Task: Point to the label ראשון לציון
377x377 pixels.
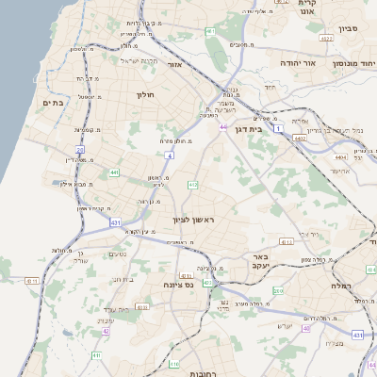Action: click(193, 220)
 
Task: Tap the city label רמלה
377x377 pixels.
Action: click(340, 284)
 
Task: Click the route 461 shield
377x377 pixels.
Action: click(209, 32)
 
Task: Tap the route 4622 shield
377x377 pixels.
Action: click(326, 39)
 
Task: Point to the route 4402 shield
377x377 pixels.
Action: click(300, 139)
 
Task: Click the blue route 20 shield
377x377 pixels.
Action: click(80, 149)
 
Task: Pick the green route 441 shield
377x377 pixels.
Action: click(114, 172)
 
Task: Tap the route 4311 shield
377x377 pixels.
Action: click(31, 280)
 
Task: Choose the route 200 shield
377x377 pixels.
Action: click(278, 291)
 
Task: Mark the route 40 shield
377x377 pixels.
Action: click(305, 328)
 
